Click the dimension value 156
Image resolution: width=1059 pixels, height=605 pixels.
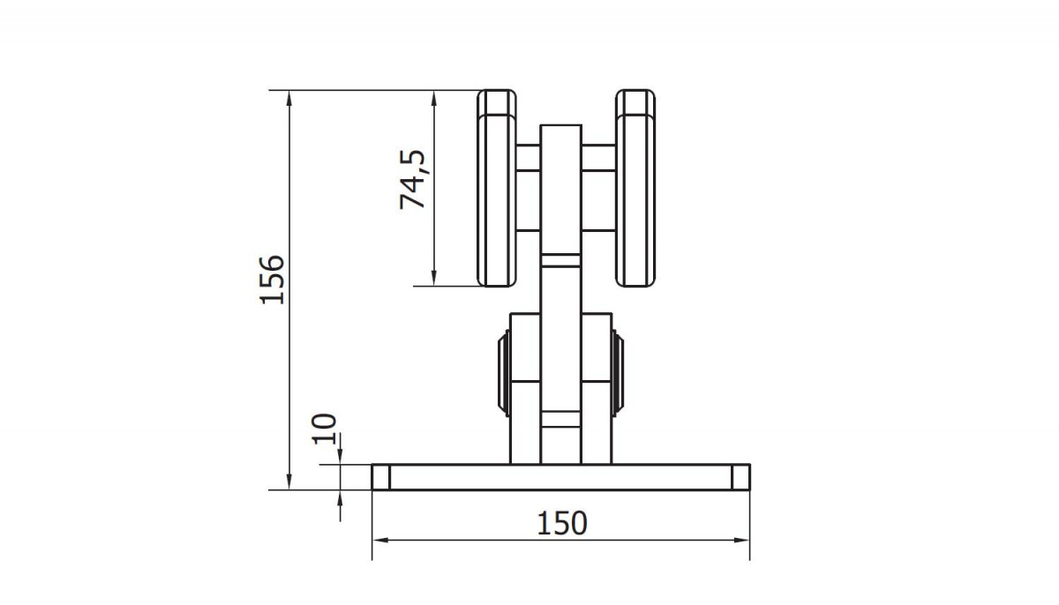273,280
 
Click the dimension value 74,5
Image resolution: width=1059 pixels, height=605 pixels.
412,179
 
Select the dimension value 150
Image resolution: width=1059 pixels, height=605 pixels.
562,523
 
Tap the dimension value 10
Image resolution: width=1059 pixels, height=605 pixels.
325,429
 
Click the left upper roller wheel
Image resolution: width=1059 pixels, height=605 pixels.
496,188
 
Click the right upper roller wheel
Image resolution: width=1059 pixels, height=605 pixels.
635,188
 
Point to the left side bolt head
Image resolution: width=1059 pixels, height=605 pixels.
504,373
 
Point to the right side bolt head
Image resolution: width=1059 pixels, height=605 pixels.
618,373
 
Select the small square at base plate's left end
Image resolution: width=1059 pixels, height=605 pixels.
381,477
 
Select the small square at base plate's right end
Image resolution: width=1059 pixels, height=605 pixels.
740,477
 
